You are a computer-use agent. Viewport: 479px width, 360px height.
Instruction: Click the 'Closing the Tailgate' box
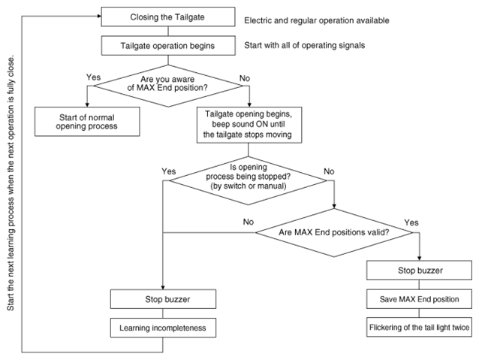168,17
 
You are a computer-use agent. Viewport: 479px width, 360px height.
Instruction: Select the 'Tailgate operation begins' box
168,46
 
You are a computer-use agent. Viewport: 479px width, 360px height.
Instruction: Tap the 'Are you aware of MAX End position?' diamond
168,86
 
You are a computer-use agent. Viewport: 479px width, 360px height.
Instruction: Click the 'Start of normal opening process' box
87,122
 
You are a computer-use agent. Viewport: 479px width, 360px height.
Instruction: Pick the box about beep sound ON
249,125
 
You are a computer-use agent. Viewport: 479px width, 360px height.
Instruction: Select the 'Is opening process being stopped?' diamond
248,180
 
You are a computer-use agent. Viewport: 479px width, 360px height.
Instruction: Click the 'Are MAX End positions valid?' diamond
334,233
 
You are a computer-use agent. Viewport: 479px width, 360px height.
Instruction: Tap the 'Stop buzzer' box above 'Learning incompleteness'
163,299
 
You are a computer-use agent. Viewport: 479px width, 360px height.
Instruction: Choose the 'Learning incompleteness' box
163,328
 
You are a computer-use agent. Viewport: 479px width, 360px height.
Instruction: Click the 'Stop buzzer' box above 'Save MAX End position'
419,270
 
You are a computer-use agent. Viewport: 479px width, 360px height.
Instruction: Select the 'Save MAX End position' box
419,299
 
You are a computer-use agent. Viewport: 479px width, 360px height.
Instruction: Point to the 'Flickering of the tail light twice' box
419,327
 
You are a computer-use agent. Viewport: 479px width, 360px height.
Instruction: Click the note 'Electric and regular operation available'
317,20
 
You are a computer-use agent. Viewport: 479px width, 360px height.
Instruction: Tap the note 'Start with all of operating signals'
305,45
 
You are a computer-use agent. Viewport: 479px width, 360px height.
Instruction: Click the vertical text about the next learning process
11,183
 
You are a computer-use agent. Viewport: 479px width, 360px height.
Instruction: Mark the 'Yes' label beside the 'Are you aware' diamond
93,77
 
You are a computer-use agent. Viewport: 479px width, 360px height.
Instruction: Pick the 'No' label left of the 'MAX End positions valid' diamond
249,222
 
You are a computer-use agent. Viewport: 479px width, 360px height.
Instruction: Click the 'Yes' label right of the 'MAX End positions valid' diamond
411,222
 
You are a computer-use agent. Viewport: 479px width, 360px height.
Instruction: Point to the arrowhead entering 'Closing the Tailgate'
99,17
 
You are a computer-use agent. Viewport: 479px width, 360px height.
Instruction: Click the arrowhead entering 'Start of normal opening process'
87,105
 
